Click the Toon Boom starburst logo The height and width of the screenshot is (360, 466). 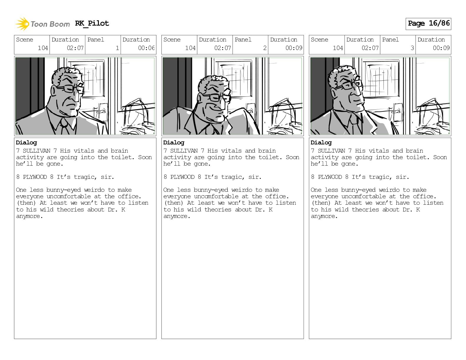(22, 24)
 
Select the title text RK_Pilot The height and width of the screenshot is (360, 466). (92, 23)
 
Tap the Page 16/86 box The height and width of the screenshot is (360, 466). (428, 24)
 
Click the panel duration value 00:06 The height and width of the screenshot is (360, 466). (146, 48)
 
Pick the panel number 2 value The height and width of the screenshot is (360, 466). (265, 48)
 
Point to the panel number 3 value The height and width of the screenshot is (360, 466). (412, 48)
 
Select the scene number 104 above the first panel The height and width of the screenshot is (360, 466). (43, 48)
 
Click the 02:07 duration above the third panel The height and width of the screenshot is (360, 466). (370, 48)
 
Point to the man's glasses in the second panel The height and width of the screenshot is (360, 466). (219, 97)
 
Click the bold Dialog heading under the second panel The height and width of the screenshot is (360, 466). (174, 143)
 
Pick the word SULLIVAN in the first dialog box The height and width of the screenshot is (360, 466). (37, 151)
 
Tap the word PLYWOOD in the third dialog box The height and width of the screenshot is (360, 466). (330, 177)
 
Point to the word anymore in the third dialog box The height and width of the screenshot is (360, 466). (324, 216)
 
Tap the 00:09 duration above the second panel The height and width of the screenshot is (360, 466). (294, 48)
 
